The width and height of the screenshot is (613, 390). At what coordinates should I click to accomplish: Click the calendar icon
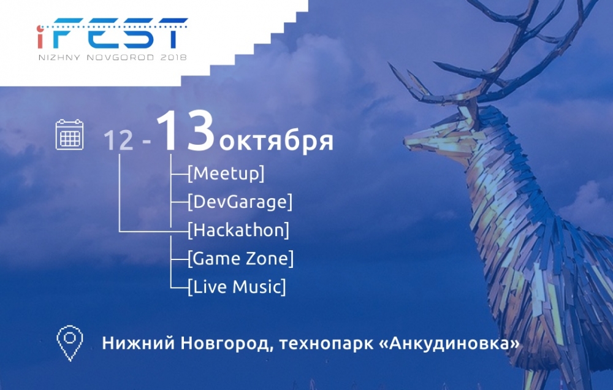pyautogui.click(x=70, y=134)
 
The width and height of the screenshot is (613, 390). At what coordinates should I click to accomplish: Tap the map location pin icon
pyautogui.click(x=70, y=343)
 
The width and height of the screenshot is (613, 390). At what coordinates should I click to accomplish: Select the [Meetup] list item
pyautogui.click(x=226, y=174)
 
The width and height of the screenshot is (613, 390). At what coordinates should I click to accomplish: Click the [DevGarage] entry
pyautogui.click(x=240, y=202)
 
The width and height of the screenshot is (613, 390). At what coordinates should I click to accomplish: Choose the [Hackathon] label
pyautogui.click(x=238, y=230)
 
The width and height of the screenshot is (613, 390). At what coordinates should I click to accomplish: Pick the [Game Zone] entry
pyautogui.click(x=240, y=259)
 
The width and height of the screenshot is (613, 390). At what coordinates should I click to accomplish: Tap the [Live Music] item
pyautogui.click(x=237, y=287)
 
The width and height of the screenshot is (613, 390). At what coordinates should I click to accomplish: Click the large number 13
pyautogui.click(x=186, y=131)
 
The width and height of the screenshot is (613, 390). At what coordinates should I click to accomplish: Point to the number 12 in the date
pyautogui.click(x=118, y=140)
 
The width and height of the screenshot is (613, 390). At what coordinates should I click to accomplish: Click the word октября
pyautogui.click(x=276, y=141)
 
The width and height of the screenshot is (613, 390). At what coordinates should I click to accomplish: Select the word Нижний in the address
pyautogui.click(x=139, y=343)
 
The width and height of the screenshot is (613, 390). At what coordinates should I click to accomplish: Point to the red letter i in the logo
pyautogui.click(x=40, y=37)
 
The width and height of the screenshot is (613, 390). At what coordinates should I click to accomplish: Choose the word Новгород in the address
pyautogui.click(x=226, y=343)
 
